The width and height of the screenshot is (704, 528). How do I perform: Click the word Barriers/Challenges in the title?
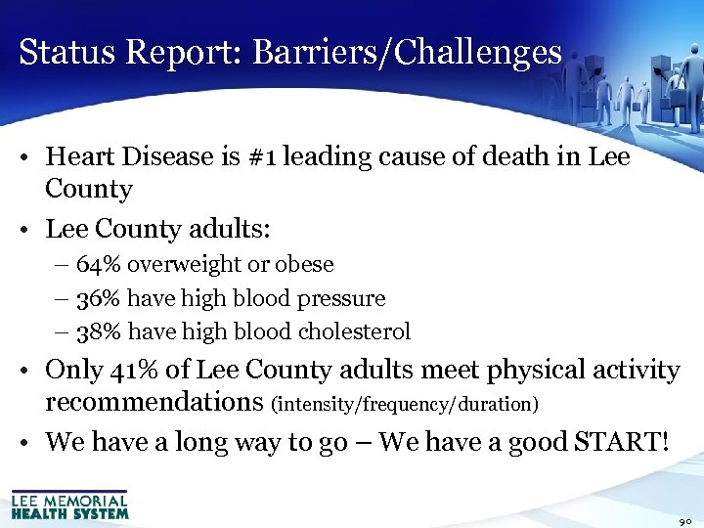coord(408,53)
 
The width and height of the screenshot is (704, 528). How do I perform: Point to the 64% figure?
coord(99,265)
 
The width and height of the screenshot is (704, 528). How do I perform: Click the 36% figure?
coord(99,298)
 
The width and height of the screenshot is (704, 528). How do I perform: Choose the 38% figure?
coord(99,331)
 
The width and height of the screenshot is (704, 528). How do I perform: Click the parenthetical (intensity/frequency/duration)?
coord(409,403)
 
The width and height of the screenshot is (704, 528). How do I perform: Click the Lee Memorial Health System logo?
coord(69,505)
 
